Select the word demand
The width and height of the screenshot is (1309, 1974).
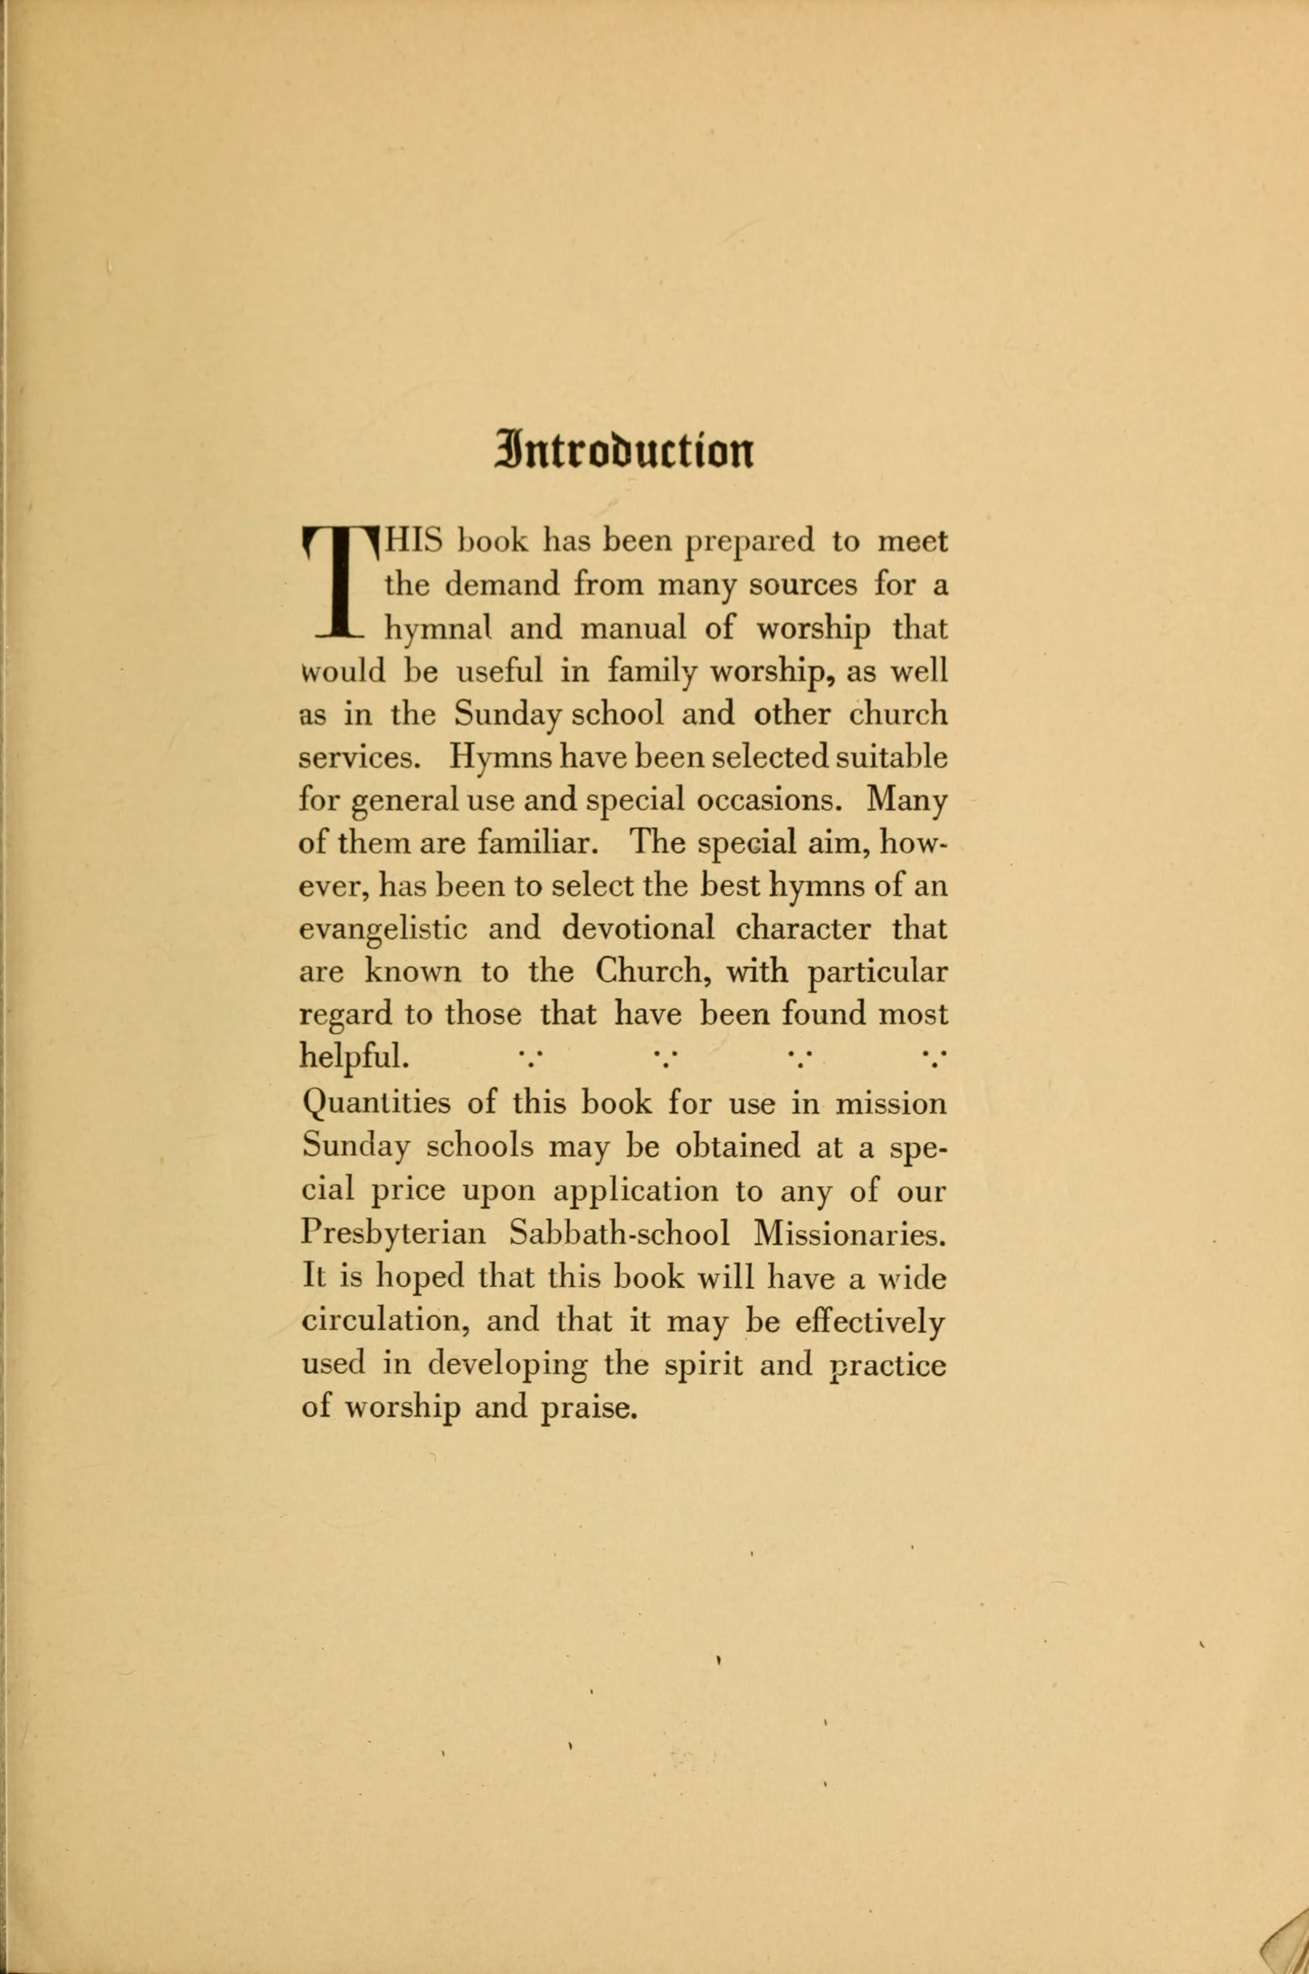(x=502, y=585)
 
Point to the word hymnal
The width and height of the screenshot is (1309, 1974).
(x=436, y=629)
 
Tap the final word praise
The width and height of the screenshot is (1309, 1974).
(x=589, y=1408)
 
